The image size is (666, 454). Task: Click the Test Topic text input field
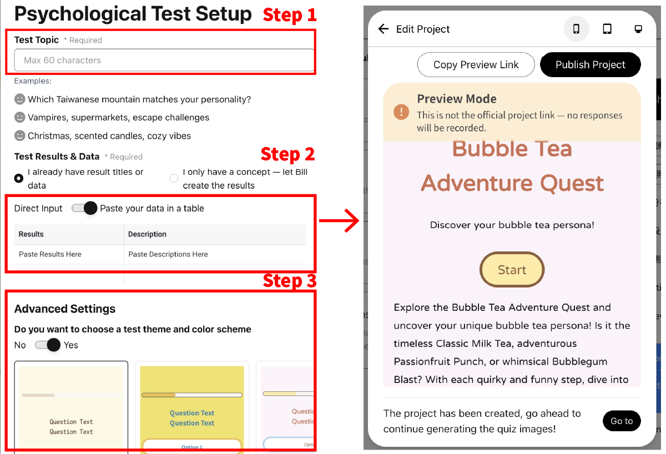point(164,60)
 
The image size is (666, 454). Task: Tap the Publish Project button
point(590,64)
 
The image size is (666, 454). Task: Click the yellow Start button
point(512,269)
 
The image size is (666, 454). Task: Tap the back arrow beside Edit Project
point(384,29)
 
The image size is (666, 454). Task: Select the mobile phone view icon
point(576,29)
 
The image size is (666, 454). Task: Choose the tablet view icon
point(607,29)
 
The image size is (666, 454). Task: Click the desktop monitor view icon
point(638,29)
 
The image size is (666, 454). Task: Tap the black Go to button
point(622,421)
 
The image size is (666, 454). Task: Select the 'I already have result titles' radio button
point(19,178)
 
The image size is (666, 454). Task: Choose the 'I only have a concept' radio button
point(174,178)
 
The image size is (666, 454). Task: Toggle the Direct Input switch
point(84,208)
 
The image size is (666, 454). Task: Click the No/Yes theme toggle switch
point(48,345)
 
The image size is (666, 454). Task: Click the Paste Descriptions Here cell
point(215,254)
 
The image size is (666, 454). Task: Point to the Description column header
point(147,234)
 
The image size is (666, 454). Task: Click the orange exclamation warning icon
point(401,112)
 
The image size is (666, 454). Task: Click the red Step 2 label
point(287,154)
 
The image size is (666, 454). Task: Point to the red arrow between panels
point(339,220)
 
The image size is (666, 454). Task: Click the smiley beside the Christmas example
point(19,135)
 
